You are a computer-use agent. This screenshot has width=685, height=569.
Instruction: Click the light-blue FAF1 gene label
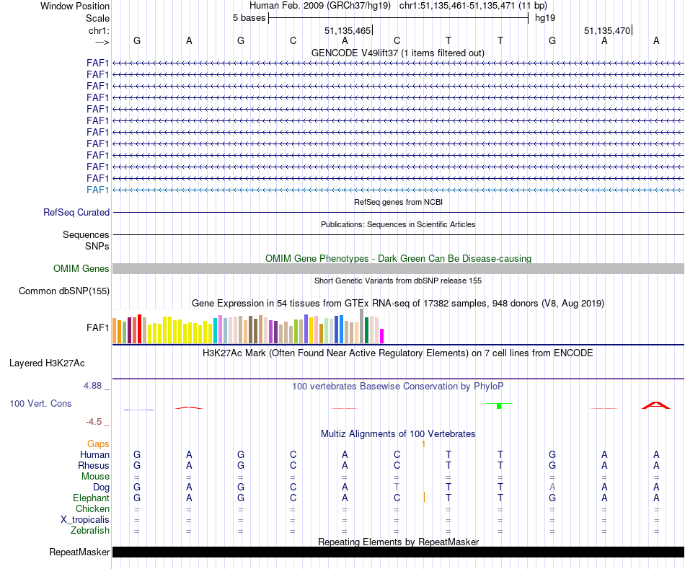(x=97, y=190)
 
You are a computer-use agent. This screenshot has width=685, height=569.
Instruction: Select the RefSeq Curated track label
(x=76, y=213)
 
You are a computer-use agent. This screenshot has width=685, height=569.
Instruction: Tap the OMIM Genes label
(x=81, y=269)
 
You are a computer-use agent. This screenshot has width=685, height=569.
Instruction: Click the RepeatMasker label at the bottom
(x=79, y=552)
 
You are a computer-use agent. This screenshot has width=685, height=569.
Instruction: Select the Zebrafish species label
(x=91, y=531)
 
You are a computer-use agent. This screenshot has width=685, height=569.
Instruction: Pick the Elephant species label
(x=91, y=498)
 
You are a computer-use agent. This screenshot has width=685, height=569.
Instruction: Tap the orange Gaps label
(x=99, y=444)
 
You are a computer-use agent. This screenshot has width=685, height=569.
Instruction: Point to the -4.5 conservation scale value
(x=95, y=422)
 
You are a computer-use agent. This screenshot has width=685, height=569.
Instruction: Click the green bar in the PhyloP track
(x=499, y=407)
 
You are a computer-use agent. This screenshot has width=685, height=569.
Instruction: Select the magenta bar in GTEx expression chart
(x=382, y=336)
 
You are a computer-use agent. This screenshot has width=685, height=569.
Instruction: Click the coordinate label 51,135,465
(x=348, y=31)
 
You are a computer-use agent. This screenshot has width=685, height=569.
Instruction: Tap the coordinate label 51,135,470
(x=608, y=31)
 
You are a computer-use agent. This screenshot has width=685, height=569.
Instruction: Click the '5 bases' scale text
(x=249, y=18)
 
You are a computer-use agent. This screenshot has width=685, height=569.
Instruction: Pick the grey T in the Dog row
(x=397, y=488)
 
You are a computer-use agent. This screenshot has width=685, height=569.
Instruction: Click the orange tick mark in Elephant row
(x=424, y=497)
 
